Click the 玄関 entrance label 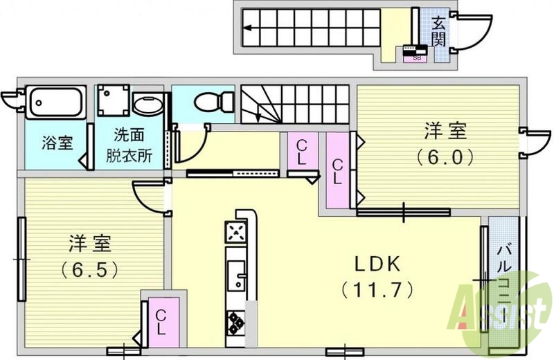[438, 31]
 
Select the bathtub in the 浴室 [55, 102]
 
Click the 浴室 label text [57, 144]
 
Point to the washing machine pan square [113, 101]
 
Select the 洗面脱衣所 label [129, 145]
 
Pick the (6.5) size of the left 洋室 [88, 267]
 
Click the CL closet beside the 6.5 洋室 [160, 321]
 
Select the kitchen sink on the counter [236, 275]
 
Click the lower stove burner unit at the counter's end [236, 321]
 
